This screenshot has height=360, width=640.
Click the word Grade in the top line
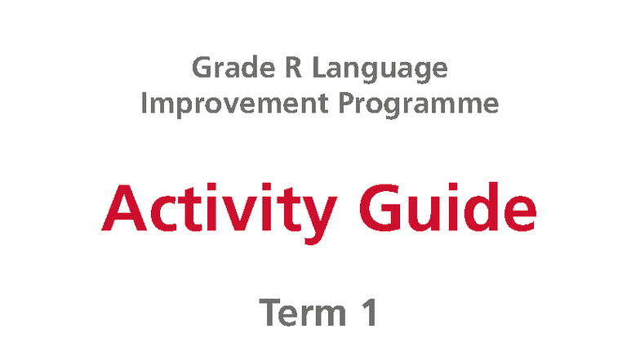233,68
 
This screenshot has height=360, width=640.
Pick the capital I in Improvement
145,104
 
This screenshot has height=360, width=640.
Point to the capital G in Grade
202,68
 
